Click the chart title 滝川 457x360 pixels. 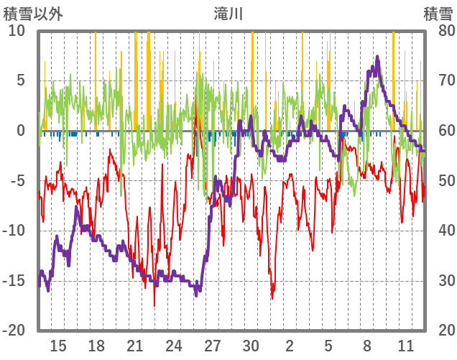tap(228, 13)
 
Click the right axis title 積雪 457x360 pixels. tap(438, 13)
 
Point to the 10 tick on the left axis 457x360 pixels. tap(17, 31)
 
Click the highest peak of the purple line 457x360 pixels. tap(377, 57)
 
